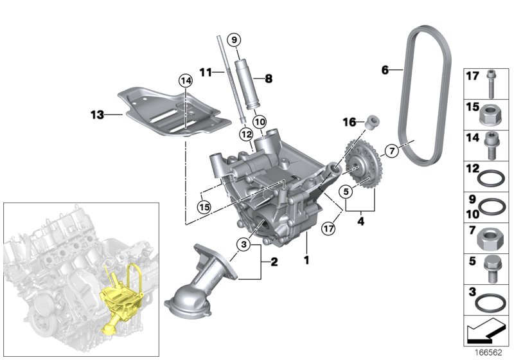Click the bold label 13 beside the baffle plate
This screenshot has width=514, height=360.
click(x=96, y=115)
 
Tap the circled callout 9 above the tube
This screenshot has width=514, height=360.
click(x=235, y=40)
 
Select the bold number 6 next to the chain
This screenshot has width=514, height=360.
click(x=385, y=70)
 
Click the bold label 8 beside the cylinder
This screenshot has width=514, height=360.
click(x=267, y=78)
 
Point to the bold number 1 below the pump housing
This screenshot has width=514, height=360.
click(x=306, y=261)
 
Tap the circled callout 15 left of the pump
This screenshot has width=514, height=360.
click(x=204, y=206)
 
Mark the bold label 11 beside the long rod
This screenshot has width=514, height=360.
click(x=205, y=73)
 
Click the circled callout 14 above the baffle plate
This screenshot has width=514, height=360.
click(x=185, y=81)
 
